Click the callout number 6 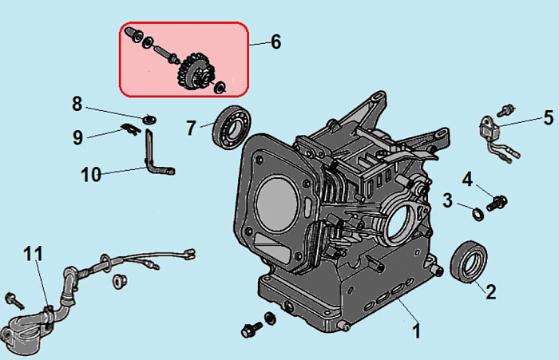coord(276,42)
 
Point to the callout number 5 coord(548,118)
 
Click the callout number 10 coord(91,173)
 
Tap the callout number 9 coord(77,137)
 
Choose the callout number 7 coord(191,127)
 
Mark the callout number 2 coord(490,291)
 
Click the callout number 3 coord(448,199)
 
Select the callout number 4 coord(468,177)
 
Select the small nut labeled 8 coord(148,119)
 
